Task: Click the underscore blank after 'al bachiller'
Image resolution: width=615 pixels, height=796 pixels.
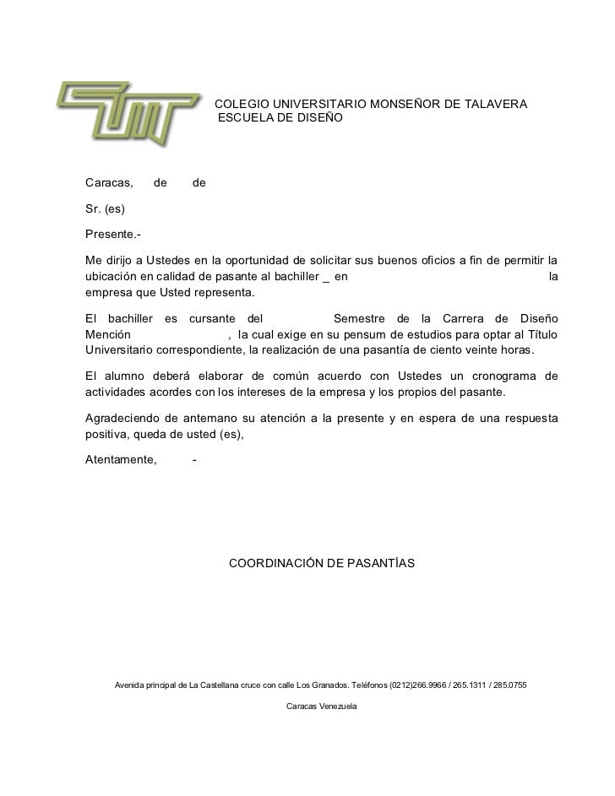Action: (x=326, y=277)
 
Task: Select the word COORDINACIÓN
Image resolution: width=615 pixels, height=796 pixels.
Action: (x=277, y=561)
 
